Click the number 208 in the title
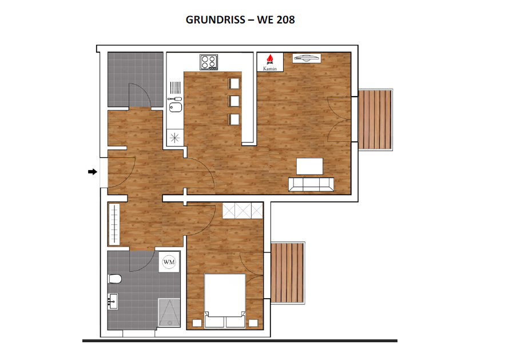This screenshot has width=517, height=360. click(x=285, y=19)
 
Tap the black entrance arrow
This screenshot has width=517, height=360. click(x=92, y=171)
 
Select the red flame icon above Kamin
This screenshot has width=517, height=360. click(x=270, y=59)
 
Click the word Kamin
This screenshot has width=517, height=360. click(x=270, y=69)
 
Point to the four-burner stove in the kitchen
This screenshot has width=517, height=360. click(x=208, y=61)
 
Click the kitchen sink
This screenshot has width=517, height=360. click(x=176, y=106)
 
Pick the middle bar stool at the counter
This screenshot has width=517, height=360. click(x=233, y=101)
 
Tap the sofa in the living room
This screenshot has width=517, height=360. click(x=311, y=184)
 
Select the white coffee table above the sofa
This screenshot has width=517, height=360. click(x=309, y=166)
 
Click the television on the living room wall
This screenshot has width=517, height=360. click(x=307, y=57)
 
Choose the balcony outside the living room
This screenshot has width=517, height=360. click(x=376, y=119)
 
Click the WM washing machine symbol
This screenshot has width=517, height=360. click(x=169, y=262)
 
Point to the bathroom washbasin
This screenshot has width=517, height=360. click(x=113, y=300)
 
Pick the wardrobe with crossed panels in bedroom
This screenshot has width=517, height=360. click(x=242, y=211)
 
